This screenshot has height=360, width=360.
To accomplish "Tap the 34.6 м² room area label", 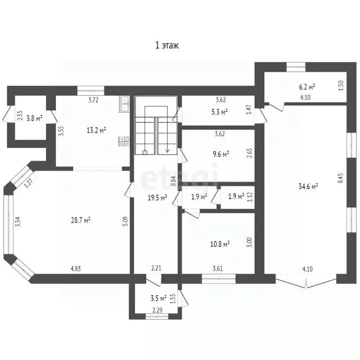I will coord(308,186).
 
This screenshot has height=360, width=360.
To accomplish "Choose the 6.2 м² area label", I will coord(307,87).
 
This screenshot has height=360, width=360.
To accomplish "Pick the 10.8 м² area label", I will coord(219,244).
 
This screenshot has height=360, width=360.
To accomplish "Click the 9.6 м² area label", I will coord(219,154).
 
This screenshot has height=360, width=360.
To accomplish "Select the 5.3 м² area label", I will coord(218,112).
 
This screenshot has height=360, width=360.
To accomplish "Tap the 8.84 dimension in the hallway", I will coord(173,181).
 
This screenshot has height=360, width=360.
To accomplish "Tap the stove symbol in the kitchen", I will coord(124,141).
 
